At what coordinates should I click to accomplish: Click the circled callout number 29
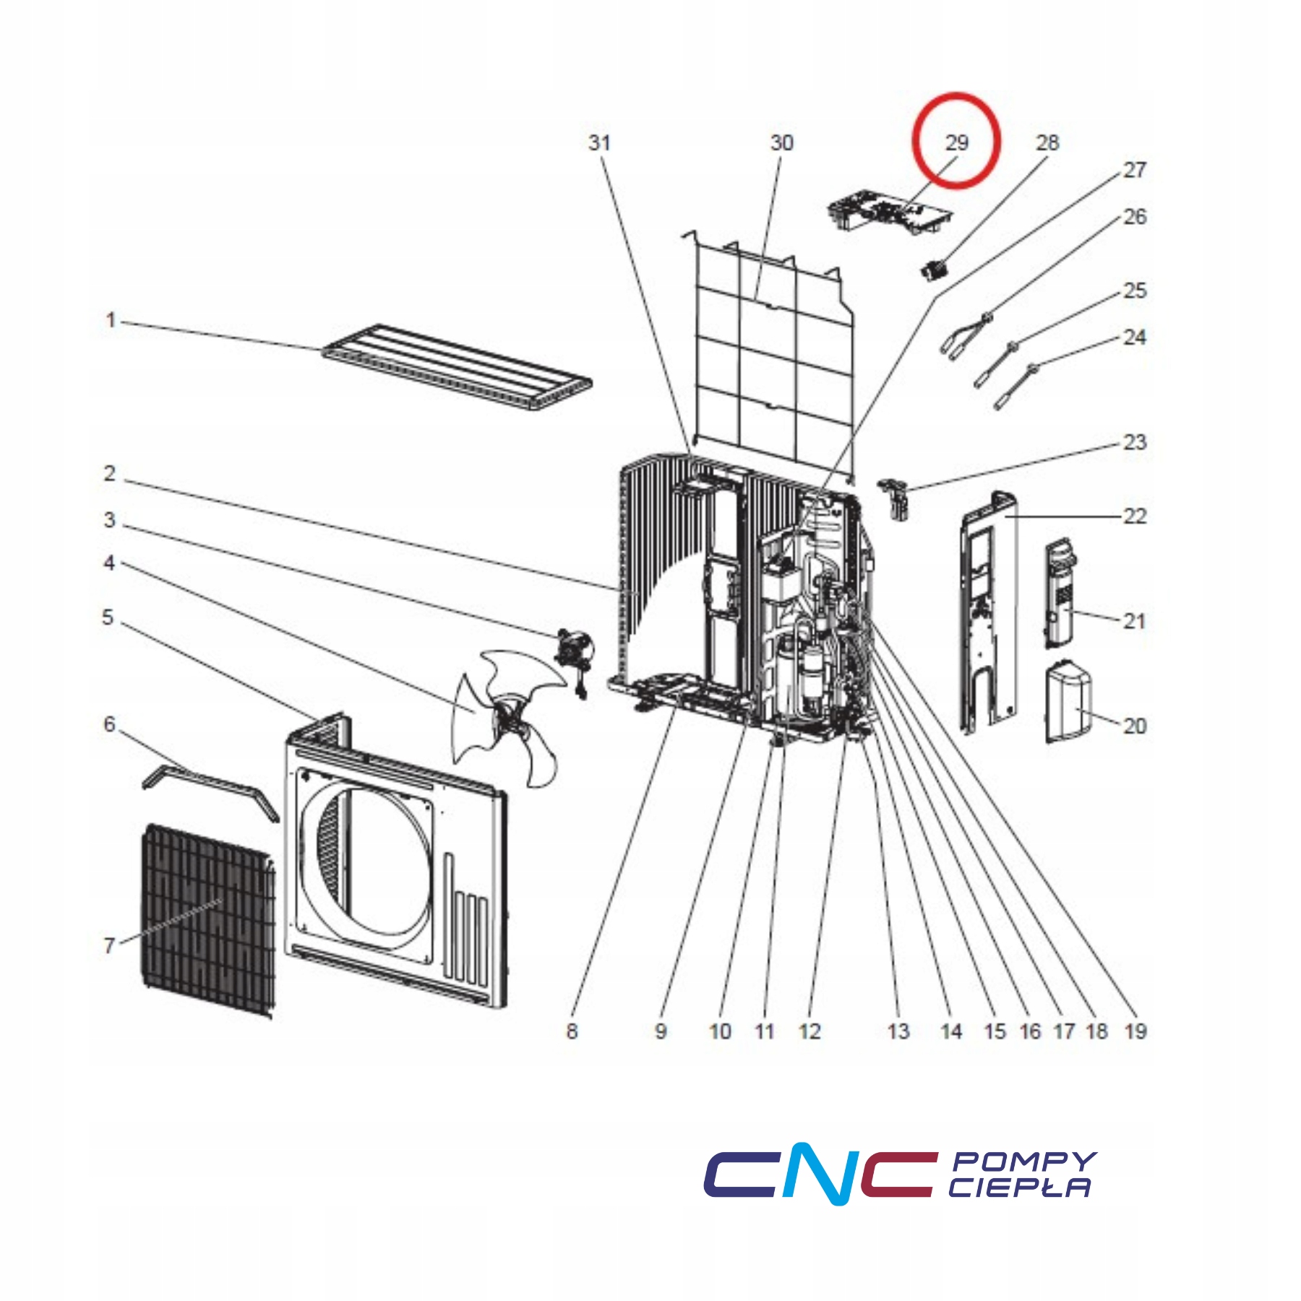(956, 142)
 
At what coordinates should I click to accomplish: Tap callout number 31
(599, 142)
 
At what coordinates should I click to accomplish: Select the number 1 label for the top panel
(111, 319)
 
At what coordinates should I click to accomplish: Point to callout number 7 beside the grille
(109, 945)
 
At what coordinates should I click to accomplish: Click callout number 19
(1135, 1031)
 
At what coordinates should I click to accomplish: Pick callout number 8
(572, 1031)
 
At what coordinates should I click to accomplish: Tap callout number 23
(1135, 442)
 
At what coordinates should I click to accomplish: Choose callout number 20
(1135, 726)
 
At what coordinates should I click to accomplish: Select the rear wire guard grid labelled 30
(768, 347)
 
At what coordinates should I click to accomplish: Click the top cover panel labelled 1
(457, 366)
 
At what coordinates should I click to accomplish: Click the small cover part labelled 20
(1068, 701)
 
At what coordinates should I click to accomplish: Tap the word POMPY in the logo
(1024, 1162)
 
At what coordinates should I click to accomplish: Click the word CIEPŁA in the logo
(1019, 1188)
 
